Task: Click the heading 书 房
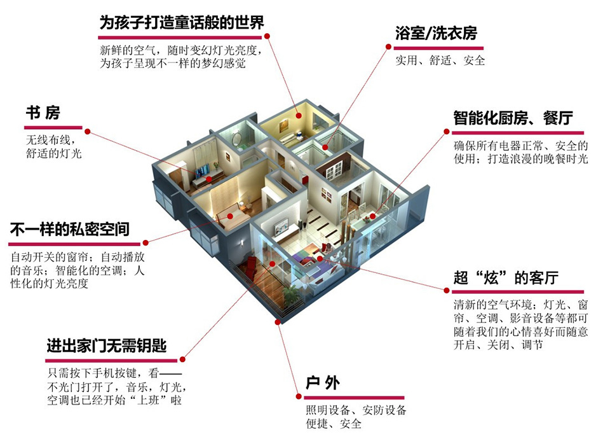click(43, 113)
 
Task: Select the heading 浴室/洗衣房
click(436, 34)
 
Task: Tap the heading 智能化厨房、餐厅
click(513, 118)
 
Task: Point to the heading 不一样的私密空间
click(70, 230)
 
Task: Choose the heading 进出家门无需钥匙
click(107, 346)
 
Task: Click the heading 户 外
click(323, 383)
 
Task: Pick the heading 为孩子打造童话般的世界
click(182, 23)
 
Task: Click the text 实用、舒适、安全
click(440, 60)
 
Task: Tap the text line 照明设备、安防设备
click(356, 410)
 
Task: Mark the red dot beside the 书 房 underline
click(88, 132)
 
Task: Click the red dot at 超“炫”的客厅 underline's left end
click(447, 290)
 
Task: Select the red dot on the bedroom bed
click(230, 216)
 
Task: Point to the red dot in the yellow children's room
click(299, 116)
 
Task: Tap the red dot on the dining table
click(373, 216)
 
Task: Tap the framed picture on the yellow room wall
click(284, 125)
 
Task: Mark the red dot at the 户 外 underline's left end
click(299, 396)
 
